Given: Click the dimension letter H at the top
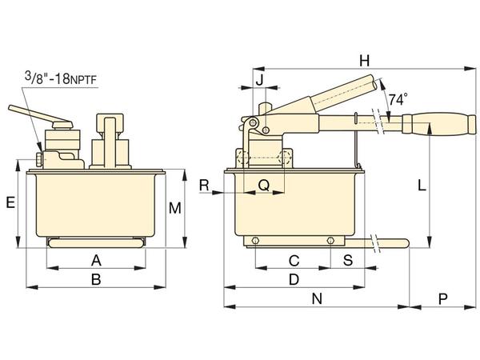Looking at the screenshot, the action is (364, 61).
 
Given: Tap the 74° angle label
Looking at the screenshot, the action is (398, 99).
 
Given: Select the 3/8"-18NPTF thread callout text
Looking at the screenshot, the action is (61, 78).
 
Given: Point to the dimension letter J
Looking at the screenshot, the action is (259, 80).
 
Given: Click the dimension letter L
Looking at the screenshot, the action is (422, 186).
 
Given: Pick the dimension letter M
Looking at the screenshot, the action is (175, 208).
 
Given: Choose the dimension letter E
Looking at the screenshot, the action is (10, 202).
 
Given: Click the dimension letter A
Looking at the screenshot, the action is (96, 261).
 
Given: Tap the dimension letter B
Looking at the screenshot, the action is (96, 279).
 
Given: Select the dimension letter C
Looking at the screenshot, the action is (294, 261).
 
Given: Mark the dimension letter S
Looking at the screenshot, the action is (348, 260).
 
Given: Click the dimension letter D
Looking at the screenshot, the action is (294, 279).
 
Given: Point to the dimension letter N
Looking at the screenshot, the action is (317, 298).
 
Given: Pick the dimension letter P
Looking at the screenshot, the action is (443, 298).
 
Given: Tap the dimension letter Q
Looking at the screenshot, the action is (264, 186).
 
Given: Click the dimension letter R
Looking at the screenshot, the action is (204, 186).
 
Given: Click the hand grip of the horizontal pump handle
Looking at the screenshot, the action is (439, 124).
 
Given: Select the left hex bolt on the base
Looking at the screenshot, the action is (255, 241).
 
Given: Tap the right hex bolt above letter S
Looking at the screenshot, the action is (330, 241).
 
